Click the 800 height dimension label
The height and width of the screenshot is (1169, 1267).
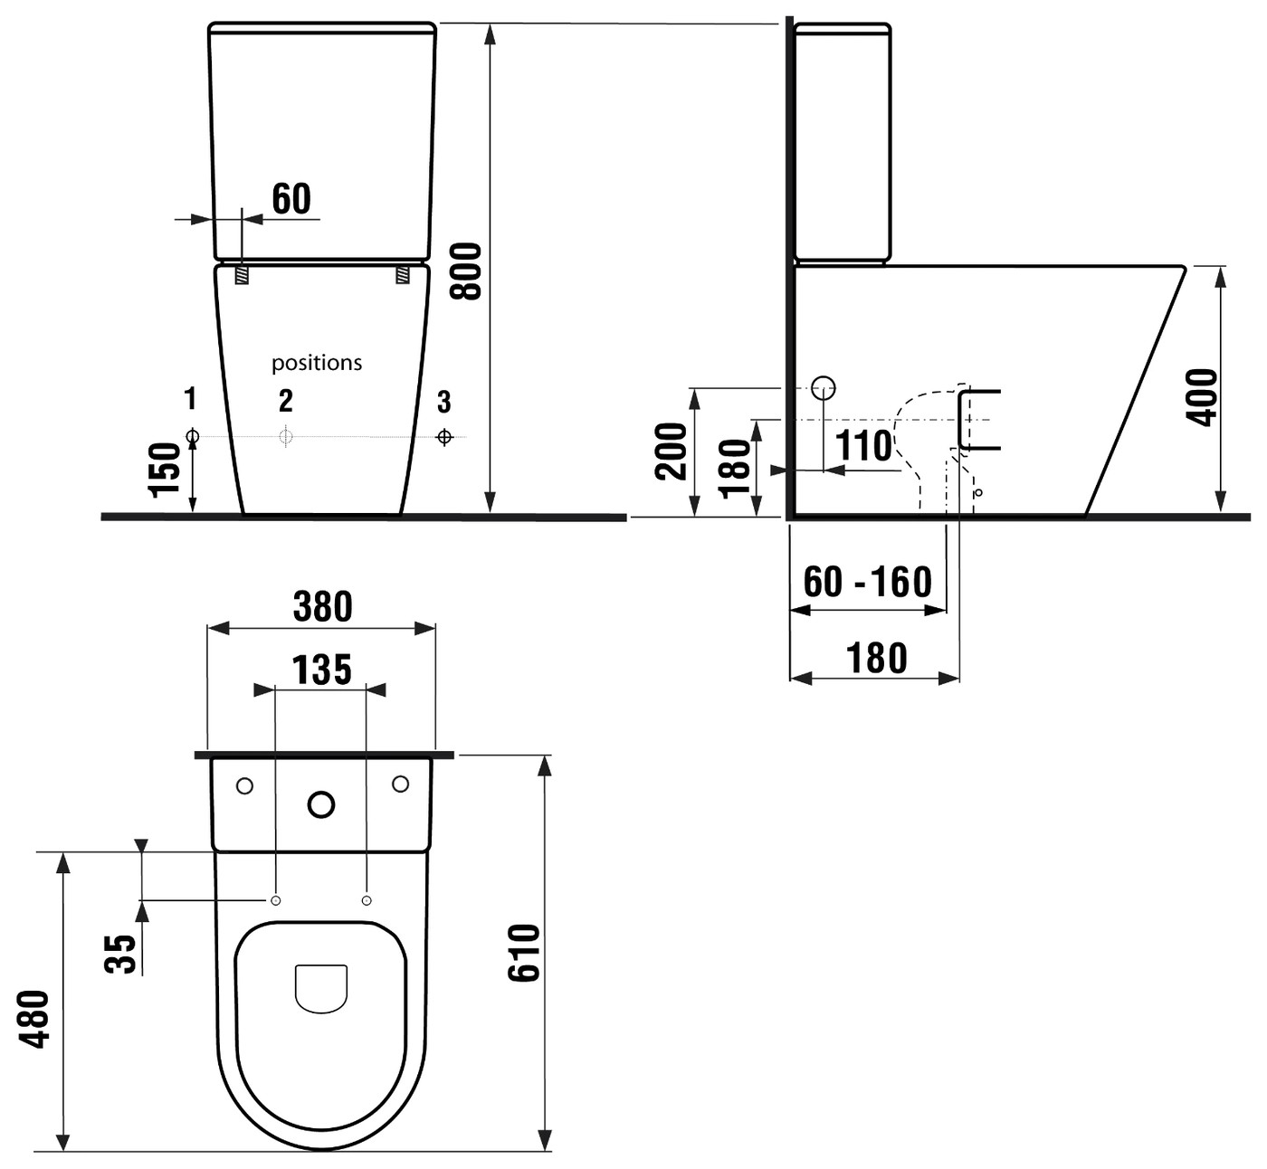(466, 271)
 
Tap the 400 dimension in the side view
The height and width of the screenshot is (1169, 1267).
(1201, 397)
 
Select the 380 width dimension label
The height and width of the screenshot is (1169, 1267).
(322, 607)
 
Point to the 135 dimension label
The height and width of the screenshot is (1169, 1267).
(321, 670)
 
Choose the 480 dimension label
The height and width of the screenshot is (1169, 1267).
(33, 1019)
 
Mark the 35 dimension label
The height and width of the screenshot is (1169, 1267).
(120, 954)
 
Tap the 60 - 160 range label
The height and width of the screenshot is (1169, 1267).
(867, 582)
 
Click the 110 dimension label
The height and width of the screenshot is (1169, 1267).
(863, 445)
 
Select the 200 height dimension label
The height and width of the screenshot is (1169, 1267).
(671, 451)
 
